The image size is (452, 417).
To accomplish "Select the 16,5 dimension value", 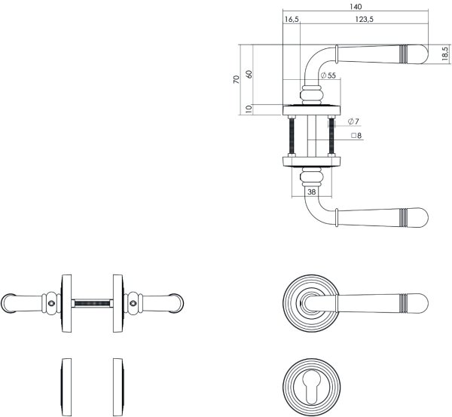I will tap(292, 20).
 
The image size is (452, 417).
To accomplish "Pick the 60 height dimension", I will tap(249, 74).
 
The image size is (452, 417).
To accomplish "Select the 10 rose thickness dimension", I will tap(249, 109).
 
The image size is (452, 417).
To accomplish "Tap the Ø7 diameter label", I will tap(353, 121).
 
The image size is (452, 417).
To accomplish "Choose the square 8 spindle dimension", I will tap(356, 136).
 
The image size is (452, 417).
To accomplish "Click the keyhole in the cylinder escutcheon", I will tap(312, 383).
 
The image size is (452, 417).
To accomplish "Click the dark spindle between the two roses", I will tap(91, 303).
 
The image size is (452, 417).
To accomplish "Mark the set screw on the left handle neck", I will tap(50, 303).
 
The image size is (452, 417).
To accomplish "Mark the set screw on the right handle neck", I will tap(133, 303).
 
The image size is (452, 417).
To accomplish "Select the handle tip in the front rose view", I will tap(422, 299).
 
